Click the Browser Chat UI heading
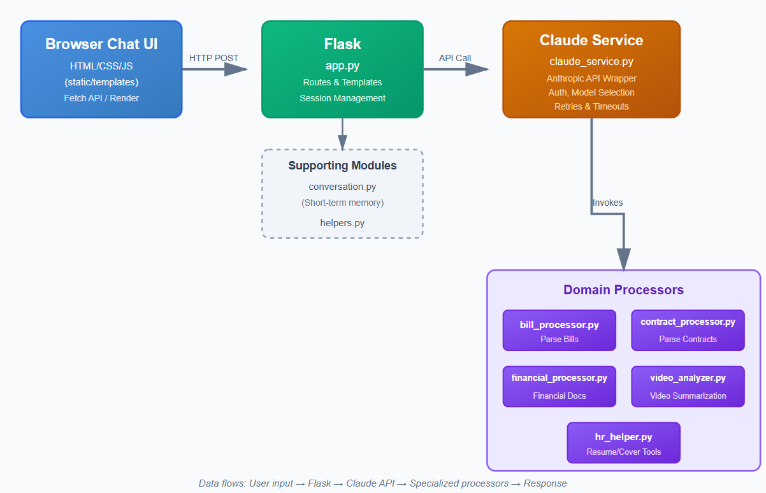click(101, 45)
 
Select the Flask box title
click(342, 45)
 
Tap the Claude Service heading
click(591, 40)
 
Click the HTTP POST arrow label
click(213, 58)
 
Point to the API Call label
click(455, 58)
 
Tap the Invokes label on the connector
click(607, 203)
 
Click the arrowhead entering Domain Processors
click(623, 259)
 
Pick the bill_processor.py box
click(559, 330)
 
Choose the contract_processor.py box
click(688, 330)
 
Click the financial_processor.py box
click(559, 386)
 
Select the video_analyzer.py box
click(688, 386)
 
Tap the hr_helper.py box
click(623, 443)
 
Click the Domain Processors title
click(623, 290)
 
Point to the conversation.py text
click(342, 187)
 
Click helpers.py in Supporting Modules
click(342, 222)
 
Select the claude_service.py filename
click(591, 62)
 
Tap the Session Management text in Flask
click(342, 98)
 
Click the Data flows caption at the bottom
click(382, 483)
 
